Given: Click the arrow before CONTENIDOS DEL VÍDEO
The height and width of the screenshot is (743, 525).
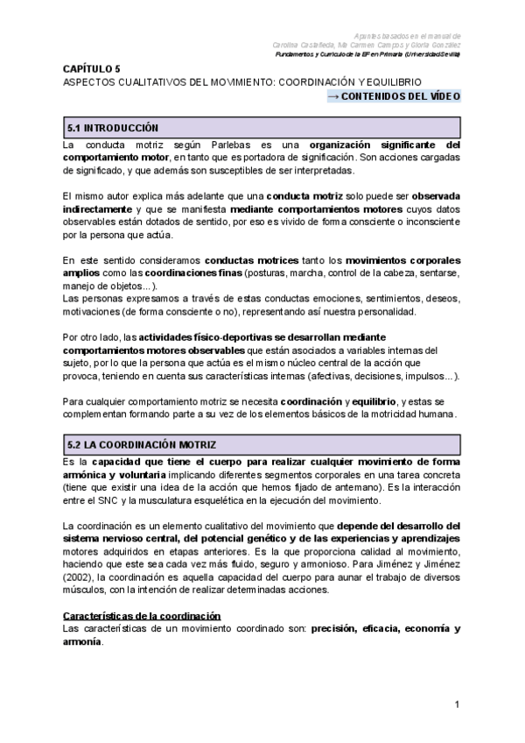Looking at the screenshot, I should pyautogui.click(x=332, y=96).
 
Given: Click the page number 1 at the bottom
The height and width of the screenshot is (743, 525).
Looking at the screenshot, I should pyautogui.click(x=457, y=705).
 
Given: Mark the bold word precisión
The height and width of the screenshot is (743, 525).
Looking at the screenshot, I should pyautogui.click(x=335, y=629).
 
